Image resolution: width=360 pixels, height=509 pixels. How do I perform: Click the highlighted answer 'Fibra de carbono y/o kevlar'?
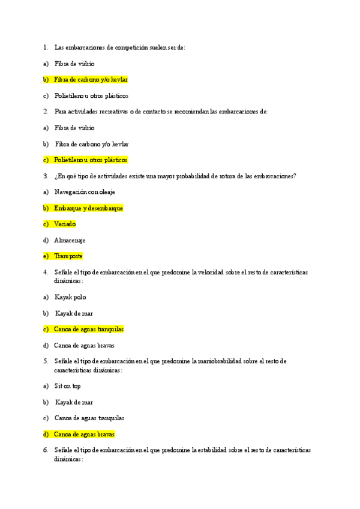click(x=91, y=79)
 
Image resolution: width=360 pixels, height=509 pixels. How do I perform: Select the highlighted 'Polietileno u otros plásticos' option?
click(x=91, y=160)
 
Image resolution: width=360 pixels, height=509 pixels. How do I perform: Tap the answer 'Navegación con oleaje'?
click(x=85, y=191)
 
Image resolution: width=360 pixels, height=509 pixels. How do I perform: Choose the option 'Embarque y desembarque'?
click(x=89, y=208)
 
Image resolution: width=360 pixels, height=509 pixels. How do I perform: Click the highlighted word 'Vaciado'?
click(x=65, y=224)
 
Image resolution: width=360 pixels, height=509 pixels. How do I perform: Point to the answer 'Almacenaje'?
click(x=70, y=240)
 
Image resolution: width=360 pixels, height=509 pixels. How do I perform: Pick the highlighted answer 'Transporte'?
click(x=68, y=256)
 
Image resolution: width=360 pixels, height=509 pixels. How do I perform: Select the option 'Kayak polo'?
click(x=70, y=297)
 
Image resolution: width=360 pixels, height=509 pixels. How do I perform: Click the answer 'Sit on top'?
click(x=68, y=386)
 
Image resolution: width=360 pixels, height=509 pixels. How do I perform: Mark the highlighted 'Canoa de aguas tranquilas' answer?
click(x=89, y=329)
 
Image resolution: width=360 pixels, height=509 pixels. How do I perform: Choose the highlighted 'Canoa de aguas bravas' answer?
click(x=84, y=434)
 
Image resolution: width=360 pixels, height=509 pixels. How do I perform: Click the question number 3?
click(x=45, y=176)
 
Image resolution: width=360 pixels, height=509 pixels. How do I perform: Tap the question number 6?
click(x=45, y=450)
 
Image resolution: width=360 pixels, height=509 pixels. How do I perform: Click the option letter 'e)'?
click(x=46, y=256)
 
